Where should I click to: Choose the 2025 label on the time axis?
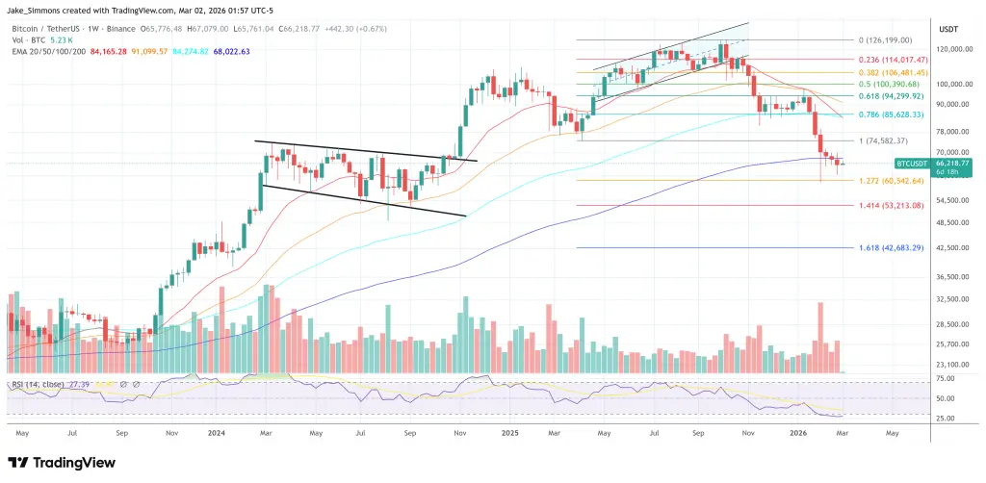coord(509,434)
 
